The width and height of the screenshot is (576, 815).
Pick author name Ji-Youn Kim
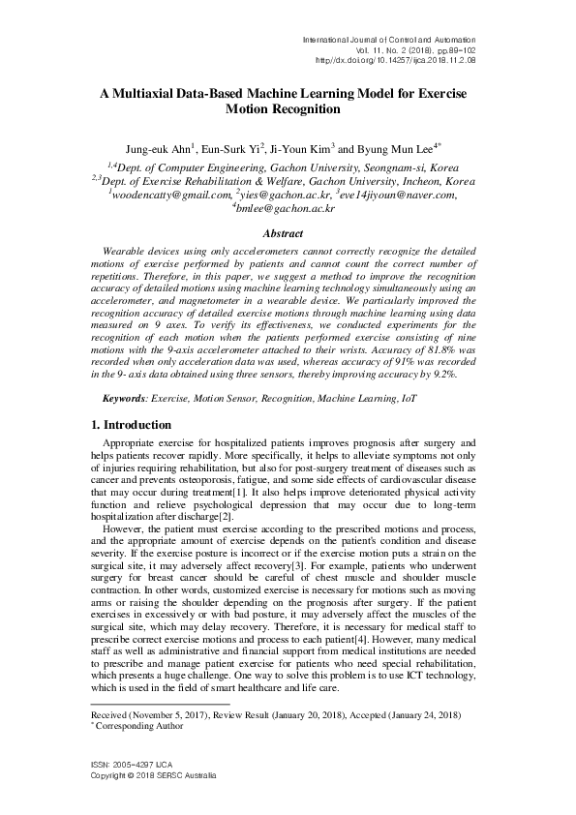pyautogui.click(x=298, y=150)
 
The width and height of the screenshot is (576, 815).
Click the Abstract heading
pyautogui.click(x=288, y=232)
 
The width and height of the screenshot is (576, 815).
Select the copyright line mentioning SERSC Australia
pyautogui.click(x=153, y=776)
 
